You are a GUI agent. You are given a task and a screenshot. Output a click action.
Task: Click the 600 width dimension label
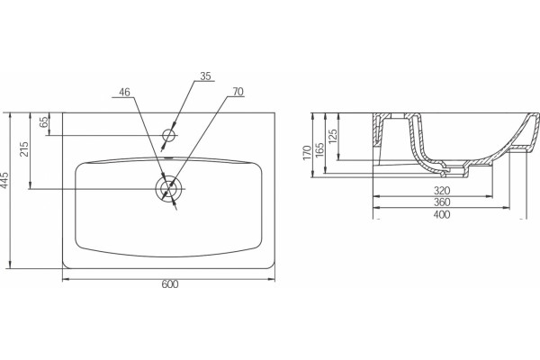pos(170,284)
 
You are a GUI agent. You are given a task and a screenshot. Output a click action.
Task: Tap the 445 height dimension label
pos(4,180)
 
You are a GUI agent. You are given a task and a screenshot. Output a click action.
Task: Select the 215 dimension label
pos(24,149)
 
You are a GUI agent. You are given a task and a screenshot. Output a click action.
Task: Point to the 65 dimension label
pos(44,122)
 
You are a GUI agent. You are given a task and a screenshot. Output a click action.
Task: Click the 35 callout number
pos(205,76)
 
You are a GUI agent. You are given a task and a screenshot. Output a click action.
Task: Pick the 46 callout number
pos(125,93)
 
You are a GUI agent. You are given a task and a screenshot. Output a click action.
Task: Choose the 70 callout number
pos(238,92)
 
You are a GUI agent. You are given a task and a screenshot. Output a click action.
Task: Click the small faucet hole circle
pos(169,135)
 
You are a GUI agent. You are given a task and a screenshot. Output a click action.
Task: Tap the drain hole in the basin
pos(168,189)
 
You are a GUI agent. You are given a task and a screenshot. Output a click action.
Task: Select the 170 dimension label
pos(307,153)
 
